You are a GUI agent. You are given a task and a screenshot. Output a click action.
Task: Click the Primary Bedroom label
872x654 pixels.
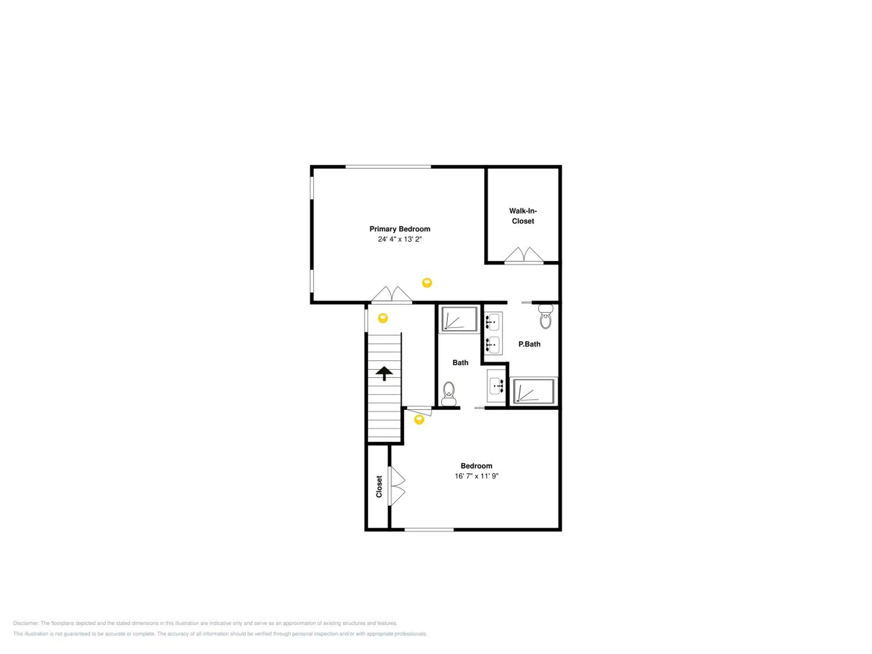click(400, 229)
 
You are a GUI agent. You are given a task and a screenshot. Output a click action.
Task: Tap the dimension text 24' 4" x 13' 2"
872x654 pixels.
click(400, 239)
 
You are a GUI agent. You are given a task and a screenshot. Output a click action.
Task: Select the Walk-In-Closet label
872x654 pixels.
click(523, 216)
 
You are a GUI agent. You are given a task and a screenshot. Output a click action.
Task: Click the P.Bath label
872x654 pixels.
click(529, 344)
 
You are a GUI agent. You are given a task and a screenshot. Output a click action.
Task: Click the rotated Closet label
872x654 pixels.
click(379, 487)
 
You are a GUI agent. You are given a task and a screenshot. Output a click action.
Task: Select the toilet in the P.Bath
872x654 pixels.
click(546, 316)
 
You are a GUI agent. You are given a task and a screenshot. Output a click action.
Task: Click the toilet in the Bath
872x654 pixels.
click(448, 394)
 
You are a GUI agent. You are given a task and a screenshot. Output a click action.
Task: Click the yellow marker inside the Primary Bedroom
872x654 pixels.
click(427, 283)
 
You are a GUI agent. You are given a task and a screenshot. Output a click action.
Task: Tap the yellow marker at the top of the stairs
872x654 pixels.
click(383, 318)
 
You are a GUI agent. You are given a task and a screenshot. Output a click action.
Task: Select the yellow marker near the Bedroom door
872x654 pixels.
click(419, 420)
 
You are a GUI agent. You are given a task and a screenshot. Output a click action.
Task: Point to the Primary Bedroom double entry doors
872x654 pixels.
click(392, 294)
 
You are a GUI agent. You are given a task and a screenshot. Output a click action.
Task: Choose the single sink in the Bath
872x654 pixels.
click(496, 386)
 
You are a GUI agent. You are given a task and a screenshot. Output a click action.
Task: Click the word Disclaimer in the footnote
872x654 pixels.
click(26, 623)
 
